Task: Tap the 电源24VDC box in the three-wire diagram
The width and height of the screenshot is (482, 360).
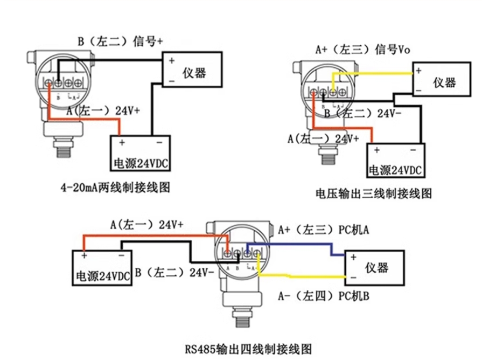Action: click(x=396, y=160)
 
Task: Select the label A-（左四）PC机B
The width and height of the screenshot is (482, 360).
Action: click(x=323, y=295)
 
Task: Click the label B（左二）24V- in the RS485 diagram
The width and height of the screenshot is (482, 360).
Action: click(x=174, y=273)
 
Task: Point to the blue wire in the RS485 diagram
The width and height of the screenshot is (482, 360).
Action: click(x=302, y=244)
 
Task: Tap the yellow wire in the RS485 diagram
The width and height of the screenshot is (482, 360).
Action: click(x=302, y=277)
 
